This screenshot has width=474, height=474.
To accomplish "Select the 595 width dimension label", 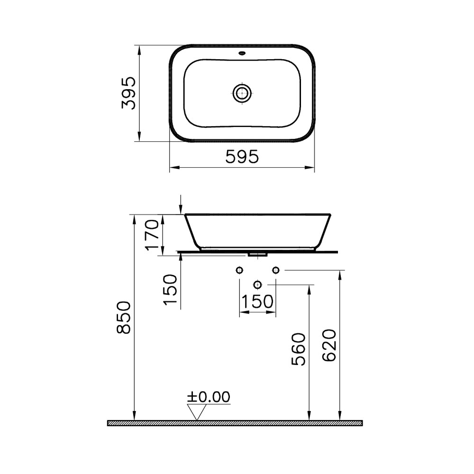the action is (x=242, y=156).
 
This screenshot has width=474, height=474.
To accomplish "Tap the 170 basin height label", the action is (x=152, y=235).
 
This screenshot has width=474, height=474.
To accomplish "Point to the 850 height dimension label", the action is (x=124, y=317).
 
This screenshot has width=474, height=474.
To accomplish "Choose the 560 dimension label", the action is (x=299, y=349).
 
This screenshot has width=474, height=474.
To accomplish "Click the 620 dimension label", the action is (x=329, y=345).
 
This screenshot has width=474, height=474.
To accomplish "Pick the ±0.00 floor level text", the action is (x=209, y=397).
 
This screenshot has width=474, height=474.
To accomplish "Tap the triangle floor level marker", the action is (x=197, y=412).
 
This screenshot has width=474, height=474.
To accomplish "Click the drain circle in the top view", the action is (x=242, y=93).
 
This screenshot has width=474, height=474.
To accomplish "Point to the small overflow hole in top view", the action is (x=242, y=54).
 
